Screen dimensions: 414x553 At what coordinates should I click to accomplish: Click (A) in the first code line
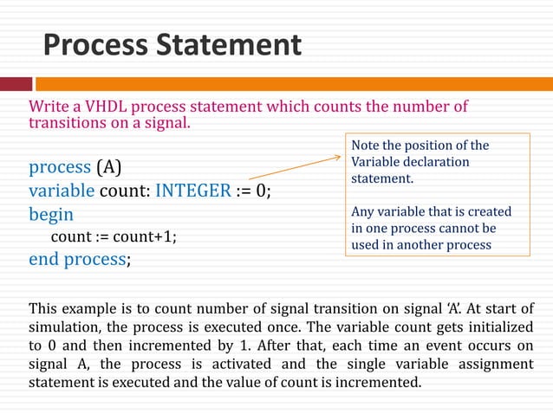click(x=108, y=166)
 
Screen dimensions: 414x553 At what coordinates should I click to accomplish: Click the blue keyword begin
click(x=51, y=214)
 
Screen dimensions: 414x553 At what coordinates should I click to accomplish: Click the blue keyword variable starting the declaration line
click(x=61, y=191)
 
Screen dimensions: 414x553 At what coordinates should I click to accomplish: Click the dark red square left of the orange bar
click(x=15, y=84)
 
